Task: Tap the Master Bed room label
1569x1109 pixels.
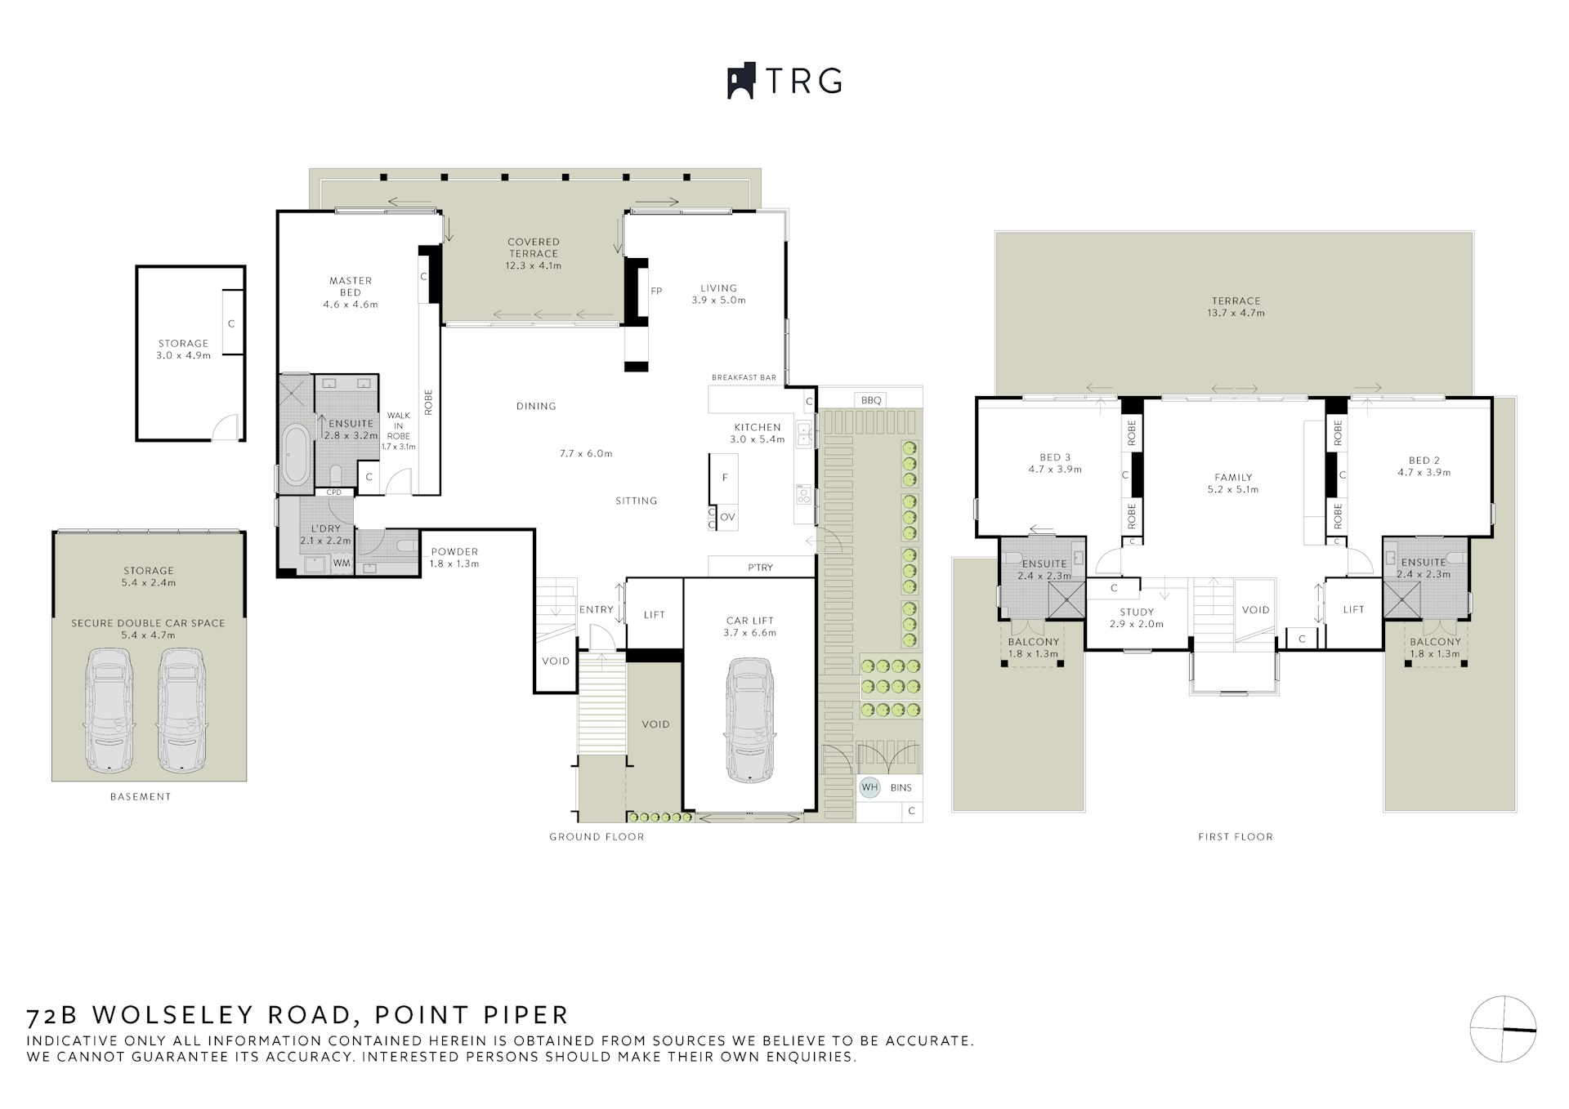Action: coord(351,287)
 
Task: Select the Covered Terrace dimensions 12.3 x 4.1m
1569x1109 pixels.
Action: coord(533,265)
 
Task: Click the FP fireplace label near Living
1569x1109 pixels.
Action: coord(655,292)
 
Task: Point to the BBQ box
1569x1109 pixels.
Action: coord(871,400)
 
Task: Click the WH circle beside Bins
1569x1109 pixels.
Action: coord(869,787)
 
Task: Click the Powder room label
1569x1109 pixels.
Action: coord(454,552)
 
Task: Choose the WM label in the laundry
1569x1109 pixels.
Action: coord(342,563)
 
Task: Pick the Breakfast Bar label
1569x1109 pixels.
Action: coord(744,378)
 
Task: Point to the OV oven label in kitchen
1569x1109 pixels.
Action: coord(727,517)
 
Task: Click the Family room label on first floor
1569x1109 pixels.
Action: coord(1233,478)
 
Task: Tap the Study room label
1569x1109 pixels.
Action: coord(1137,612)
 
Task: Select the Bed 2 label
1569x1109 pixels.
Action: coord(1424,461)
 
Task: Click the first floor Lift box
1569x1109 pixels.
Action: coord(1353,609)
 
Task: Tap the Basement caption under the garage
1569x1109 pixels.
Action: coord(141,796)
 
